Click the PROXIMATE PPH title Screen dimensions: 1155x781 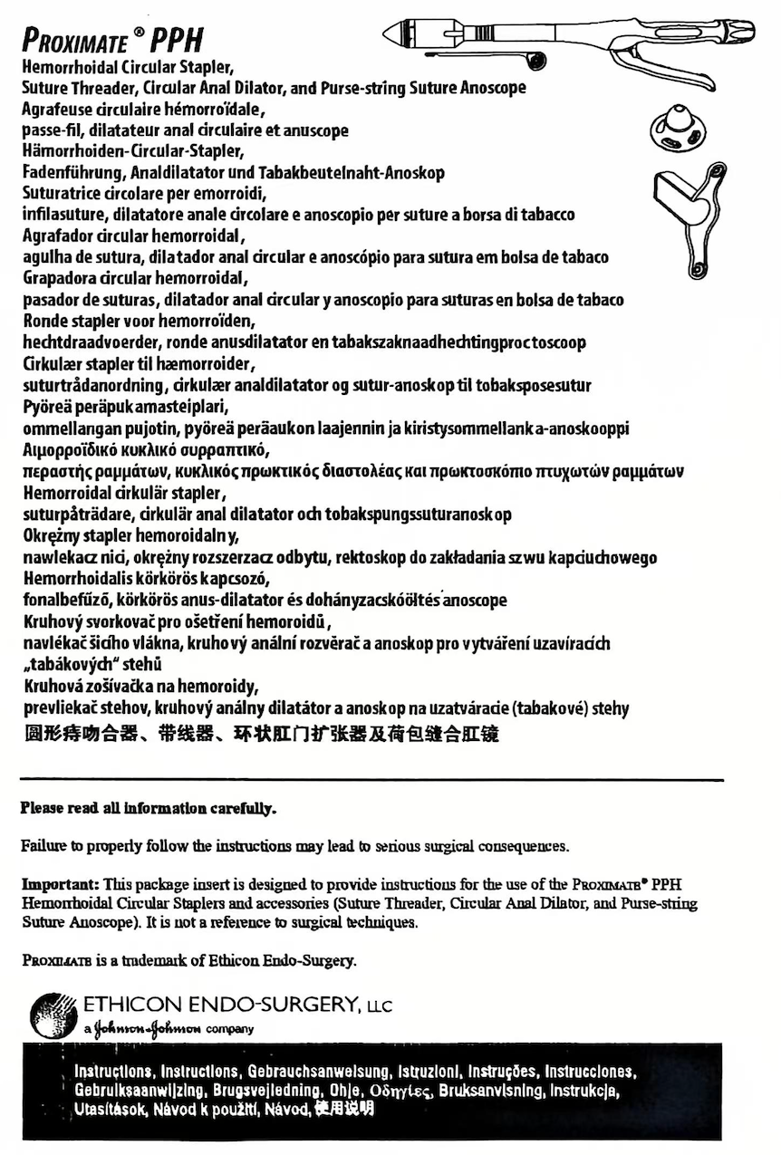point(112,40)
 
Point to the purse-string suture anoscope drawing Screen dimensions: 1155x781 point(689,217)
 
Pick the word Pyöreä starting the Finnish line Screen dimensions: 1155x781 point(43,407)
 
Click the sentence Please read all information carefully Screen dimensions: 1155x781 point(149,807)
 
